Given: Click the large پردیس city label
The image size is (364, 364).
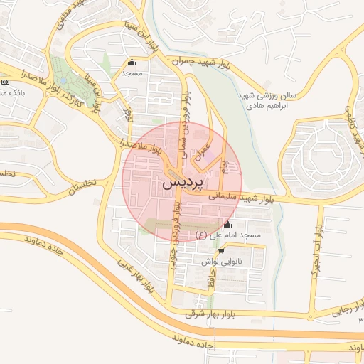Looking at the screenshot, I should coord(183,183).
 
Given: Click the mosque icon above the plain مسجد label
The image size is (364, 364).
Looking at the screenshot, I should coord(132,62).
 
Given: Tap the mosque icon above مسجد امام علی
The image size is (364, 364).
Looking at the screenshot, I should coord(227,225).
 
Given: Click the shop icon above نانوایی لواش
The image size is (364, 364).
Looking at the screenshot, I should coord(221,251).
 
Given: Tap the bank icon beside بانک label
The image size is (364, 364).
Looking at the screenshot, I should coord(6,82).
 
